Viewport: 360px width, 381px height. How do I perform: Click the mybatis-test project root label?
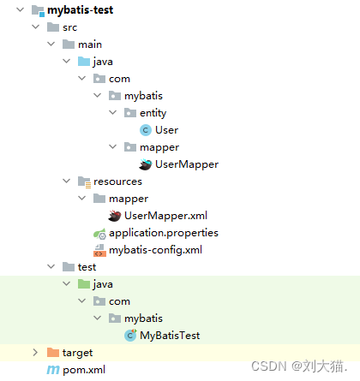pyautogui.click(x=81, y=10)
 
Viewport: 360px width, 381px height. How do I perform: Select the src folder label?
pyautogui.click(x=70, y=27)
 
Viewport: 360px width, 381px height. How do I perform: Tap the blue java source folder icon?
pyautogui.click(x=84, y=62)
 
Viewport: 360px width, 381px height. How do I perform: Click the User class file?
pyautogui.click(x=166, y=130)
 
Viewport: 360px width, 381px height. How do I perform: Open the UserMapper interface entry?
pyautogui.click(x=187, y=164)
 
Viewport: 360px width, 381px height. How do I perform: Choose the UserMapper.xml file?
pyautogui.click(x=165, y=216)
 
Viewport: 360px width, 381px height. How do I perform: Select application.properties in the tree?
pyautogui.click(x=164, y=233)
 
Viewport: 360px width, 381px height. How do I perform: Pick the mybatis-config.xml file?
pyautogui.click(x=156, y=250)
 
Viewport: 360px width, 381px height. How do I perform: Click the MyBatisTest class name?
pyautogui.click(x=170, y=336)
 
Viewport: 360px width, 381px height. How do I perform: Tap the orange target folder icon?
pyautogui.click(x=53, y=353)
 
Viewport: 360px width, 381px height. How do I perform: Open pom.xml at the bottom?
pyautogui.click(x=84, y=370)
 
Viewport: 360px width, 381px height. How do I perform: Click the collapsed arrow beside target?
pyautogui.click(x=35, y=353)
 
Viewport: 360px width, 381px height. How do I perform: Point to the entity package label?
pyautogui.click(x=153, y=113)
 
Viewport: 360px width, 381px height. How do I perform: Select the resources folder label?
pyautogui.click(x=117, y=182)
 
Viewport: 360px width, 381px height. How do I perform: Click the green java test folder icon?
pyautogui.click(x=84, y=284)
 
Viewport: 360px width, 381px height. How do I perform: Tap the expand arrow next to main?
pyautogui.click(x=51, y=44)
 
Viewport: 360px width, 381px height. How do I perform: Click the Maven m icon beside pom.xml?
pyautogui.click(x=53, y=370)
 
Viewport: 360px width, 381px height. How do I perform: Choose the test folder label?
pyautogui.click(x=87, y=267)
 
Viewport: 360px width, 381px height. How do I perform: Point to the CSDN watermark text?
pyautogui.click(x=299, y=366)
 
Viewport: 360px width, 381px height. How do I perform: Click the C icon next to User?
pyautogui.click(x=146, y=130)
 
